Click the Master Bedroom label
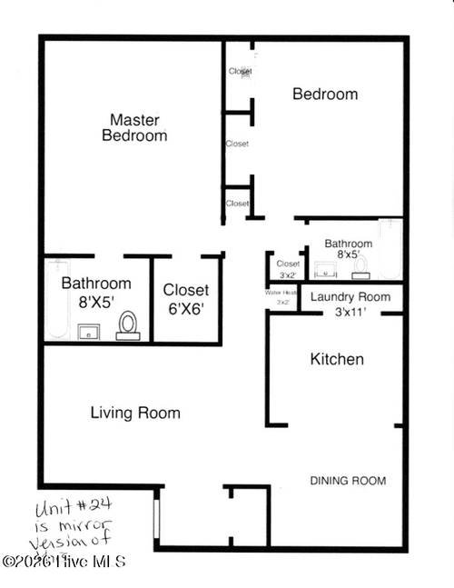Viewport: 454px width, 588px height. (x=134, y=127)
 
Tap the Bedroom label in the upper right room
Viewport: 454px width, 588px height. (x=324, y=94)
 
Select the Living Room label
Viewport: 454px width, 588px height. (x=135, y=413)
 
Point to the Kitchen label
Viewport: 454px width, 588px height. (x=337, y=359)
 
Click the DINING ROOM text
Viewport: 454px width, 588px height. (x=348, y=481)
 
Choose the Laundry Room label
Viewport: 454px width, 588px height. (x=350, y=297)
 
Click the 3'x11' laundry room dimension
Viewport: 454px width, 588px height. (x=350, y=313)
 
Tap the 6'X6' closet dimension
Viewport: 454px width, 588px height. (x=185, y=309)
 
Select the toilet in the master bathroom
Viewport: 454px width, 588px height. (x=128, y=325)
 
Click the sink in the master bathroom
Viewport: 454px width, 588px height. (x=89, y=331)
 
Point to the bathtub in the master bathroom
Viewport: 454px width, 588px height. (x=58, y=300)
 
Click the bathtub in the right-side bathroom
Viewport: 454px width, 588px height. (x=390, y=250)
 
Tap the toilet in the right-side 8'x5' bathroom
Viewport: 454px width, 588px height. (x=360, y=266)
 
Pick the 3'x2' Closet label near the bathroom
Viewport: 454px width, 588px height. (x=288, y=264)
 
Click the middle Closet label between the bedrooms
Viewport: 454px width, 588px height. (x=237, y=144)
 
